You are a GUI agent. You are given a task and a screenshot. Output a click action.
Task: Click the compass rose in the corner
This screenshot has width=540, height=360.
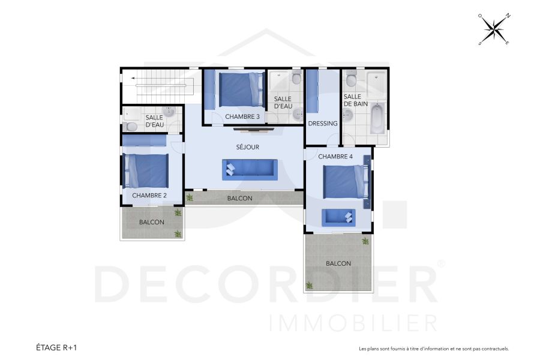pos(494,29)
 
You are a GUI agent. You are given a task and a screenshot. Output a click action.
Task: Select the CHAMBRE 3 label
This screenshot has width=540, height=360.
pos(242,116)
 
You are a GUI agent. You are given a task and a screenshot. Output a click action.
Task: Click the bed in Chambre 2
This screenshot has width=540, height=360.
pos(146,171)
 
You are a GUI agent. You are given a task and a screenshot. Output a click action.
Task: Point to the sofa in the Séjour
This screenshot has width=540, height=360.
pos(250,169)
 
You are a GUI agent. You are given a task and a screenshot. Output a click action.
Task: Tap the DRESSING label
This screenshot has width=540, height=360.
pos(322,124)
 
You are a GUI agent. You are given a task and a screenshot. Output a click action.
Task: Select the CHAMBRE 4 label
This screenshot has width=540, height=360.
pos(335,157)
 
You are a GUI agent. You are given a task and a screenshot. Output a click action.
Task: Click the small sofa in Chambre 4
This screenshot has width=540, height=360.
pos(338,217)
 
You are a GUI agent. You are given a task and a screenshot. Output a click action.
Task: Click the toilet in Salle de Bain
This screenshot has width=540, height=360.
pos(352,80)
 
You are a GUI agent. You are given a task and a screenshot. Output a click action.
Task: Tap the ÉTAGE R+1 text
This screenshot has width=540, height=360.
pos(57,347)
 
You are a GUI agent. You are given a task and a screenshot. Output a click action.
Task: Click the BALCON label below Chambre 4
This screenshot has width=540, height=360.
pos(338,263)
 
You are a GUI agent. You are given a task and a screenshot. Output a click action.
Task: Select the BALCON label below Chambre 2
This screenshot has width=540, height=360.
pos(151,222)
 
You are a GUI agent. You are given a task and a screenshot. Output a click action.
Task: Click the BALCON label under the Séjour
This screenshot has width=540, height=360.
pos(239,198)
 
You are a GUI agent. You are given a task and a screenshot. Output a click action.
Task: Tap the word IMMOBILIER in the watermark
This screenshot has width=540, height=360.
pos(354,322)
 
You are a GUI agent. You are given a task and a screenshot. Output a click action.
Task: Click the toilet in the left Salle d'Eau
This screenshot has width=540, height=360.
pos(131,127)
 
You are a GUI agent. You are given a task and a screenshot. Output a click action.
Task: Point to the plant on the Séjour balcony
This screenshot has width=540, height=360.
pos(190,197)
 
